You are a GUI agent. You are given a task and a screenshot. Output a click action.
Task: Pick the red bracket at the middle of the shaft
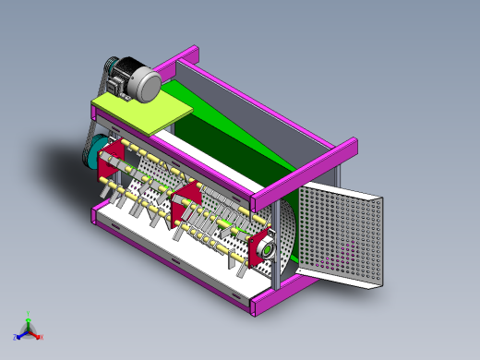[189, 199]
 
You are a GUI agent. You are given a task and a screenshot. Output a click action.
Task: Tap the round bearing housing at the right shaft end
[262, 248]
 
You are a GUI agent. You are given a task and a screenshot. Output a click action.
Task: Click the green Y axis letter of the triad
[29, 314]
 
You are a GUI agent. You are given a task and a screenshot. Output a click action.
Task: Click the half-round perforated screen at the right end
[291, 235]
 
